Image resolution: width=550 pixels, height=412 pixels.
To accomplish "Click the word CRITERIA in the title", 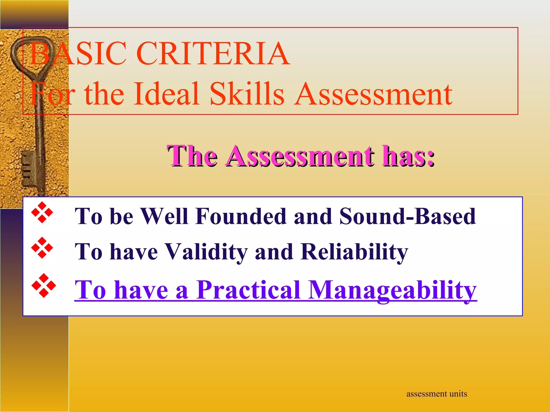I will point(213,53).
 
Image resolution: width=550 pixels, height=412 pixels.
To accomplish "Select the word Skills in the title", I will point(247,94).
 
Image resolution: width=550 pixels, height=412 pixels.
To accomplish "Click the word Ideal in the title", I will point(167,94).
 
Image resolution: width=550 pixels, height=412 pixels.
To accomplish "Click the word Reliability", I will point(354,252).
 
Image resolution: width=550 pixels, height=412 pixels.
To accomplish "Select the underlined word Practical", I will point(248,290).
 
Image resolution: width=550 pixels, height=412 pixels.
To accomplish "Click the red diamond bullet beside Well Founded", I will point(42,212).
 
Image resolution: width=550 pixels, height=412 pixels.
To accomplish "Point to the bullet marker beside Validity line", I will point(42,248).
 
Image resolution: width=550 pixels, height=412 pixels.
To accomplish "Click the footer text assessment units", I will point(436,394).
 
